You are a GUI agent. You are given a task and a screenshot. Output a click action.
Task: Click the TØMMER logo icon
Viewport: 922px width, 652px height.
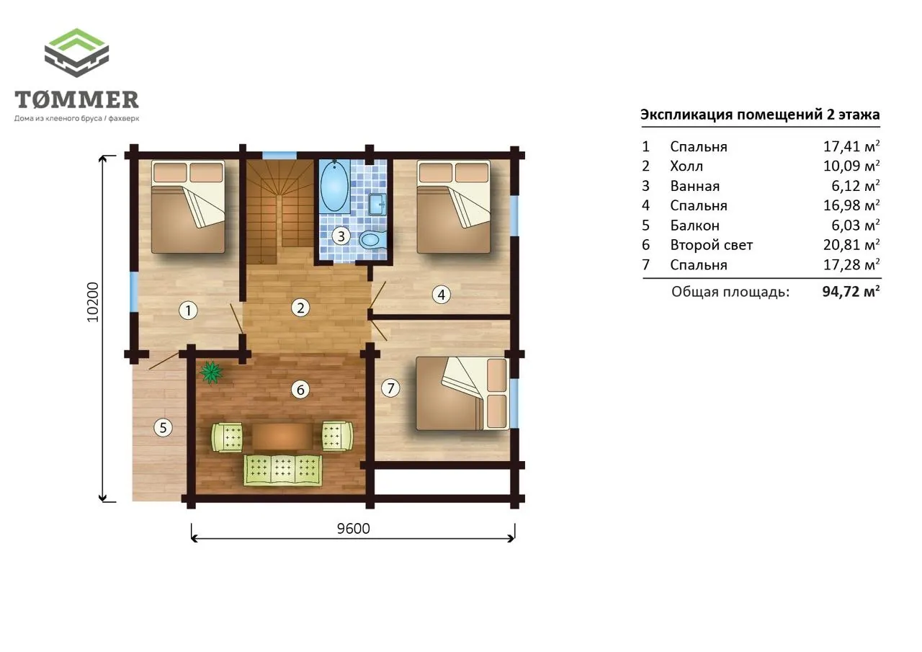coord(76,53)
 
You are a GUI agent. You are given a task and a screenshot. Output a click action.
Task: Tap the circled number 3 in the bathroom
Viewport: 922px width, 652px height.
coord(341,236)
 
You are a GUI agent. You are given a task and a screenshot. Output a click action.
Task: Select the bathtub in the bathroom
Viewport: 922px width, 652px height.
coord(334,187)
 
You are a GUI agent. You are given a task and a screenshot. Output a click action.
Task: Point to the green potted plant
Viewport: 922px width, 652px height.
coord(211,372)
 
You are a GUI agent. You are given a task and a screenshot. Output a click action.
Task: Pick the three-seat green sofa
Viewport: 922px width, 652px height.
coord(283,470)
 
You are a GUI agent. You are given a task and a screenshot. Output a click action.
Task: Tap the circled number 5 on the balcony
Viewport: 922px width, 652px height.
coord(163,428)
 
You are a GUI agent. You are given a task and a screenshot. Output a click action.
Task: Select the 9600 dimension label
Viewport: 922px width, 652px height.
coord(353,529)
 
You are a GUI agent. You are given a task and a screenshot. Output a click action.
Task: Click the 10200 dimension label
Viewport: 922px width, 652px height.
coord(93,302)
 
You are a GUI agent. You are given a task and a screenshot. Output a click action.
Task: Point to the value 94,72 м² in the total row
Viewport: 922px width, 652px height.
coord(851,292)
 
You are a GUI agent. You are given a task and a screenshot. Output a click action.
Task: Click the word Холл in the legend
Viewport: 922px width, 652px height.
coord(686,166)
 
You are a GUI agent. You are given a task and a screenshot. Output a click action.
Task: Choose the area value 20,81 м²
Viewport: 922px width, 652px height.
coord(851,245)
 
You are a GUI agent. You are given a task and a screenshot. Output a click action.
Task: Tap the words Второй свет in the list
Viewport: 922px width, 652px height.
coord(711,246)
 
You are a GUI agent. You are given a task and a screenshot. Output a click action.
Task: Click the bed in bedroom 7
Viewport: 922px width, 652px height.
coord(462,393)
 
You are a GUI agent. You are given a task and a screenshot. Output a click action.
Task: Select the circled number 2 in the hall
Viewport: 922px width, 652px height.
coord(300,308)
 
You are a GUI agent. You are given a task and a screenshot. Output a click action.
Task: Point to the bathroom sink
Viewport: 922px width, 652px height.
coord(377,204)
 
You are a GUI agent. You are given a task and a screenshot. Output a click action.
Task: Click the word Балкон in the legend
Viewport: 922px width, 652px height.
coord(695,225)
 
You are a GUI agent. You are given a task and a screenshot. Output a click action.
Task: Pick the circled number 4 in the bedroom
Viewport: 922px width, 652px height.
coord(442,295)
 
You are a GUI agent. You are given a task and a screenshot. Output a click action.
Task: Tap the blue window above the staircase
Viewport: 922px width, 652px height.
coord(279,155)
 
